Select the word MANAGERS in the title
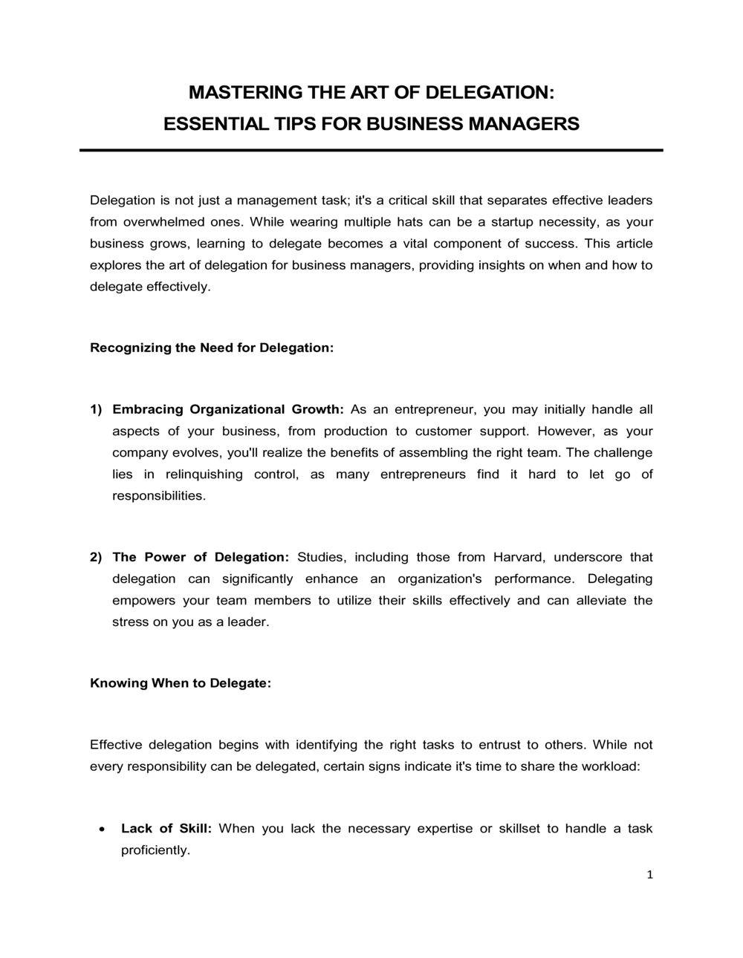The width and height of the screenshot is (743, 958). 525,123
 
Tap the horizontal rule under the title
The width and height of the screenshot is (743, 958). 371,150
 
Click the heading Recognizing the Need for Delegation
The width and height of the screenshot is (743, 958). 211,348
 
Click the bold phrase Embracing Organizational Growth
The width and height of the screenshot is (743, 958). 227,409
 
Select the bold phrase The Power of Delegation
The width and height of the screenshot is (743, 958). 200,557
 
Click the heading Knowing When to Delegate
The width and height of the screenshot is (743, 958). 180,683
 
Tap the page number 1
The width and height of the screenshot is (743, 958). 649,875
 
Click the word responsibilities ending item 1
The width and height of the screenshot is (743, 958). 158,495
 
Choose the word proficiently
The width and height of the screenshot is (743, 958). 155,850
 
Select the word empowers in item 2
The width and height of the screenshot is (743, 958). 143,600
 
